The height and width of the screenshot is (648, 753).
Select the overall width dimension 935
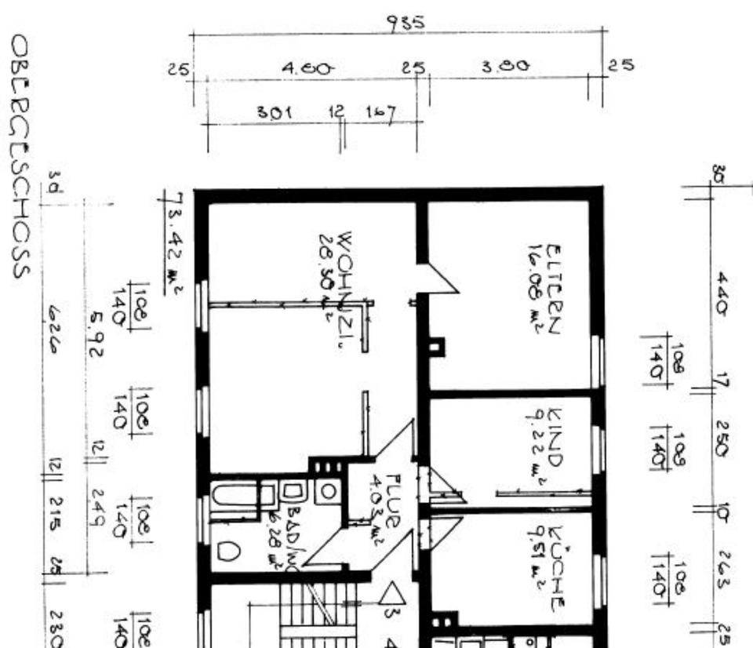pos(406,24)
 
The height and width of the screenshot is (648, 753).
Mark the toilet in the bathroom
pos(227,552)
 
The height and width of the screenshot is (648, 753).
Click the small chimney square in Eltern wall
pos(436,345)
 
